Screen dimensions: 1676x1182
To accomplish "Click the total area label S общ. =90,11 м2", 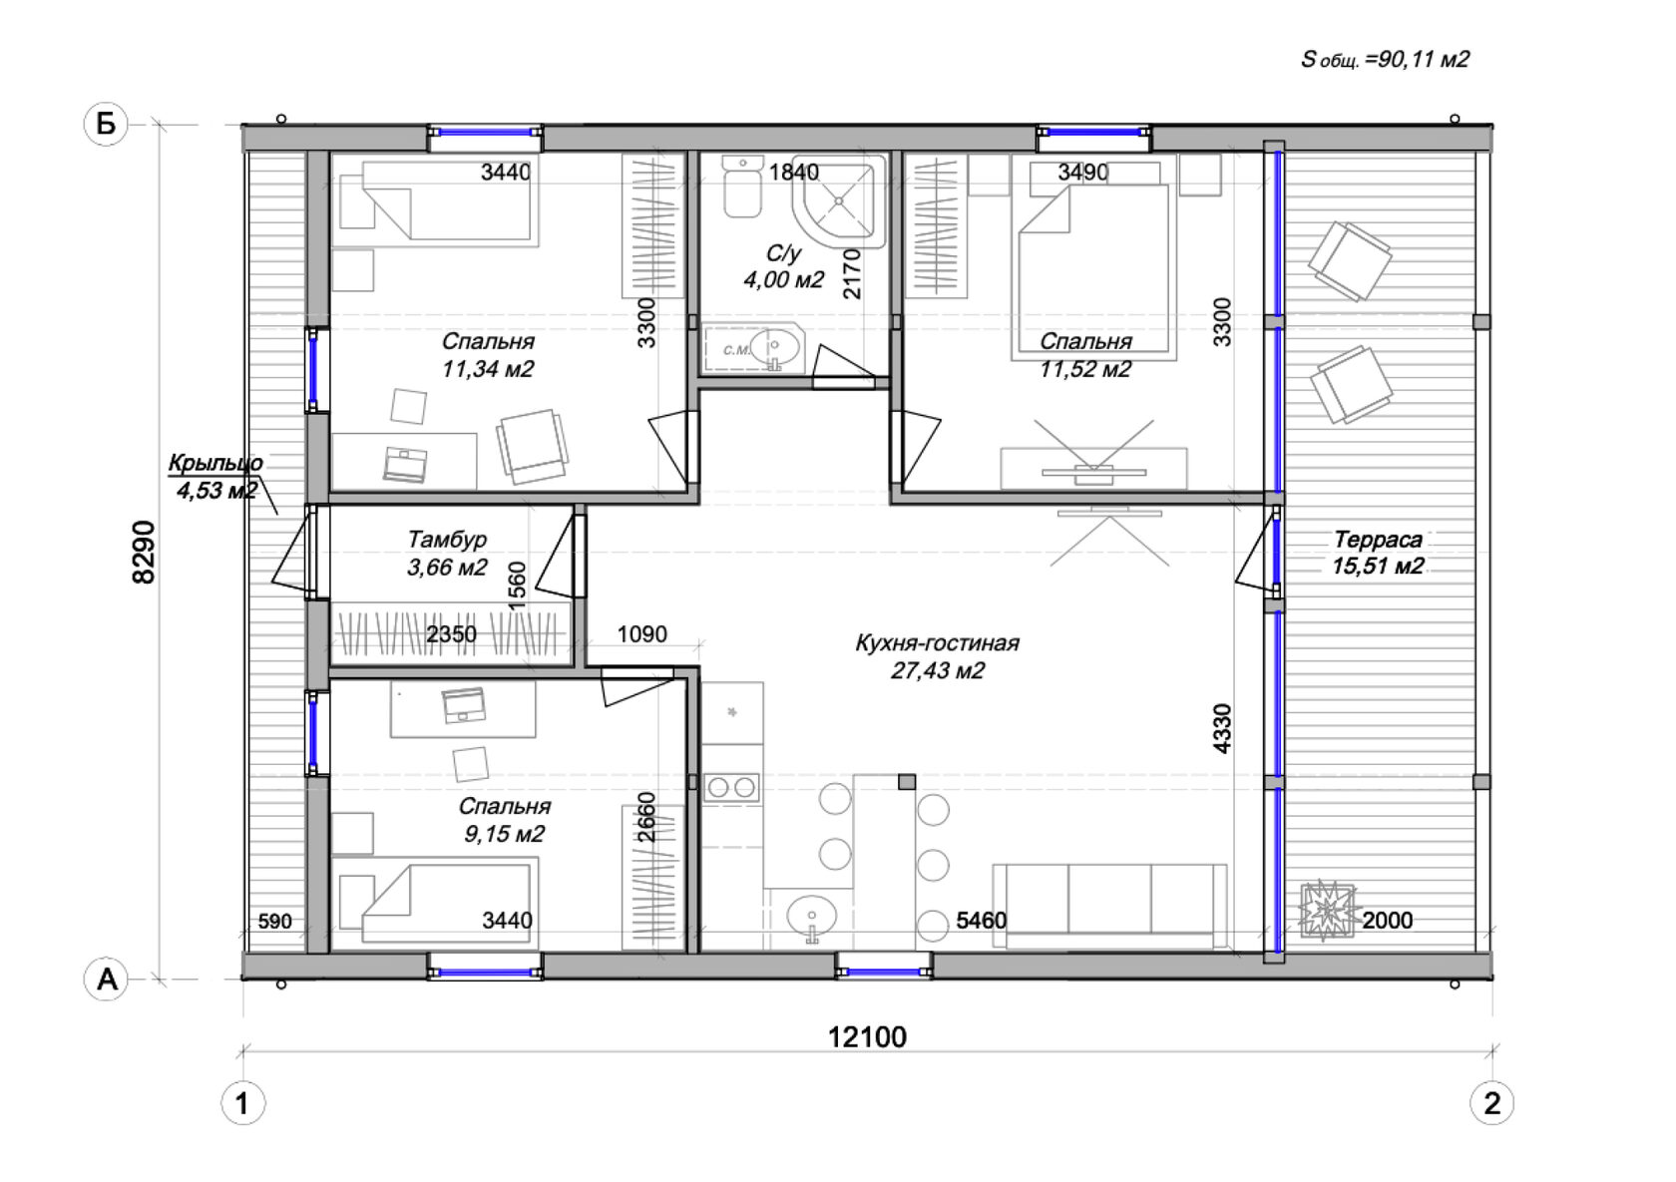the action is pos(1385,59).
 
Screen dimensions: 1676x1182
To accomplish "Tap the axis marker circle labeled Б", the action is pos(106,124).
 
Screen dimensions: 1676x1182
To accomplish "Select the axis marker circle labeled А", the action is pos(106,979).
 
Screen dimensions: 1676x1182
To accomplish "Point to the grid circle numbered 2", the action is pos(1492,1103).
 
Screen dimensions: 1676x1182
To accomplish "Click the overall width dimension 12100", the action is pos(867,1037).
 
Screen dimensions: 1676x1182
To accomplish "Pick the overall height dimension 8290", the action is pos(143,553).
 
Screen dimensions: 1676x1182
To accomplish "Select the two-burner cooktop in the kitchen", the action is pos(732,787).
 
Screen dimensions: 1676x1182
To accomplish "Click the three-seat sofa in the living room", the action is pos(1109,906).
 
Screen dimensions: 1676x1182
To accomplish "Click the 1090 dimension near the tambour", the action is pos(642,634).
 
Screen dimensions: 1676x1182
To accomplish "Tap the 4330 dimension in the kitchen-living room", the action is pos(1221,728).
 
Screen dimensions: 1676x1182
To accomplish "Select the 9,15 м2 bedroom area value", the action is pos(505,834).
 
